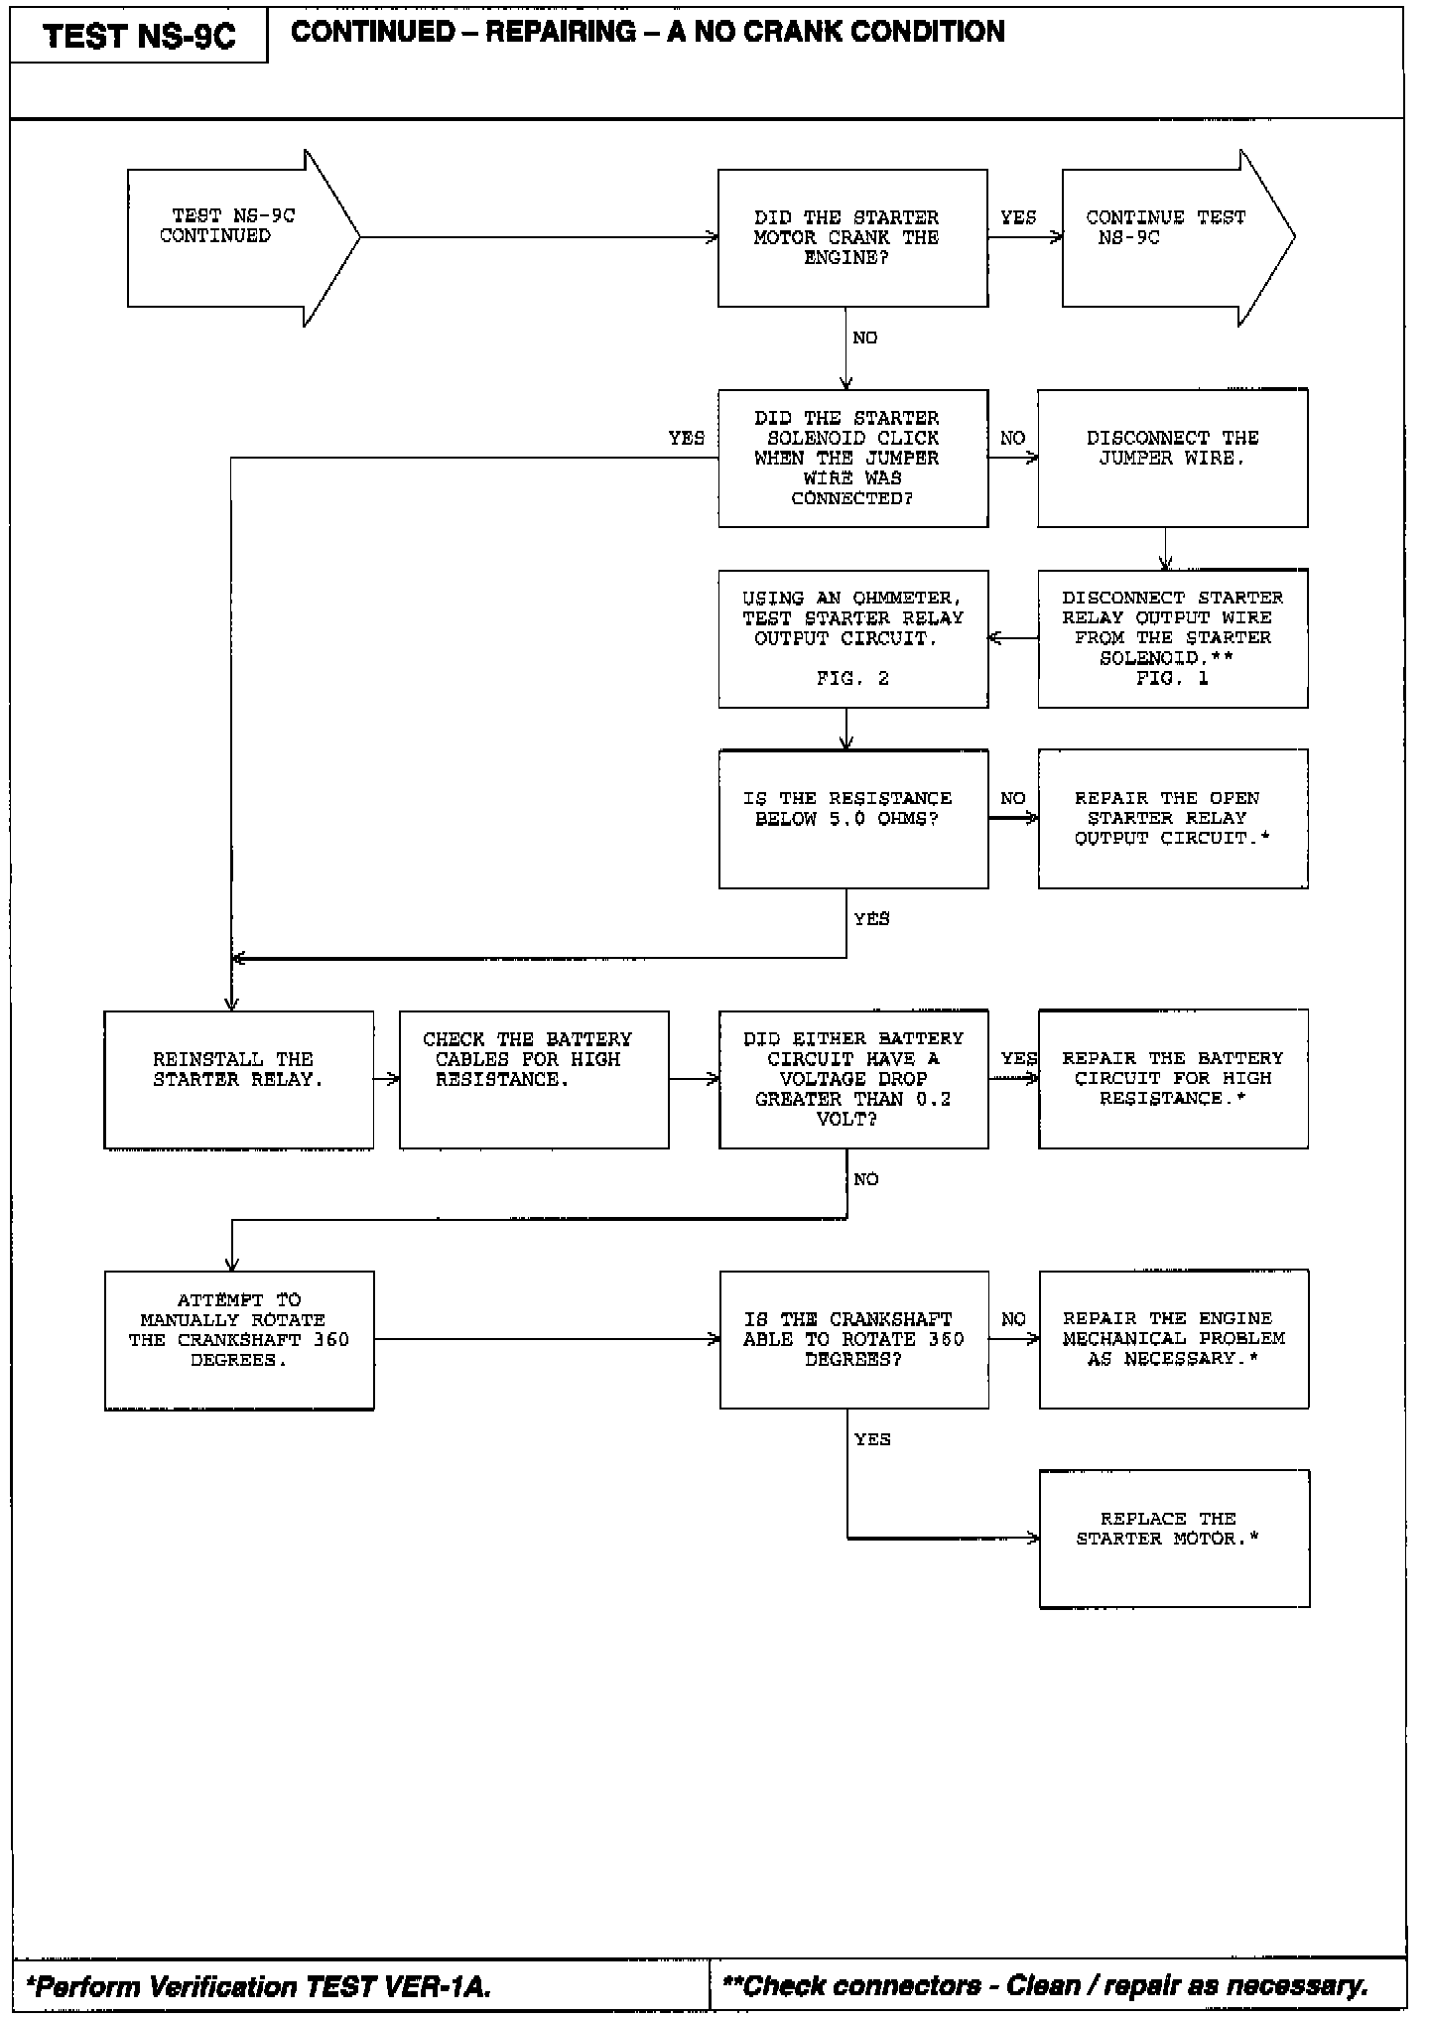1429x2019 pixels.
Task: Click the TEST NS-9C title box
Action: click(139, 37)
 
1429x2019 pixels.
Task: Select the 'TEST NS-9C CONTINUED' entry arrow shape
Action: click(233, 237)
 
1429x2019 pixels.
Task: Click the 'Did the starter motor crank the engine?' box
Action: click(852, 237)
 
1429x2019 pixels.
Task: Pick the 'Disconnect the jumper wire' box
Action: click(1172, 458)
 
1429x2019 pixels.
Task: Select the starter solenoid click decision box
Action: click(852, 458)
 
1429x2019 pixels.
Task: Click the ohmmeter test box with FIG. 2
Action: click(852, 638)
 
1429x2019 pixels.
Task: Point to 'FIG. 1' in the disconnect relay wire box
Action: click(1172, 679)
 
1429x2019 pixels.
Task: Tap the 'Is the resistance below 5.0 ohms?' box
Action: click(852, 818)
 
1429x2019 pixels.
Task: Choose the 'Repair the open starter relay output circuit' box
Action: click(1172, 818)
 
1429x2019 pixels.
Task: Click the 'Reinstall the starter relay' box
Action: click(238, 1079)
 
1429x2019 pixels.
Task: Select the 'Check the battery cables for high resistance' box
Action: click(534, 1079)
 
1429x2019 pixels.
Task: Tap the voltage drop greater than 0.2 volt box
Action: click(852, 1079)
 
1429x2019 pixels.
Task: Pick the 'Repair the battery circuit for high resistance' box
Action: click(1172, 1079)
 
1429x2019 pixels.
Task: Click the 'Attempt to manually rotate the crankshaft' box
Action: click(239, 1339)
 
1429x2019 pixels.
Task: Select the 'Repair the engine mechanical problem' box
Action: click(1173, 1338)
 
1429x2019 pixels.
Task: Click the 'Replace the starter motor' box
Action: click(1174, 1538)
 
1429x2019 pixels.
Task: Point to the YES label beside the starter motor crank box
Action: click(1018, 217)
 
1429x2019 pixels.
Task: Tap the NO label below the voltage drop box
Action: click(865, 1179)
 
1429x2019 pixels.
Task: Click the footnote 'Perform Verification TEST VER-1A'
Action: click(260, 1986)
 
